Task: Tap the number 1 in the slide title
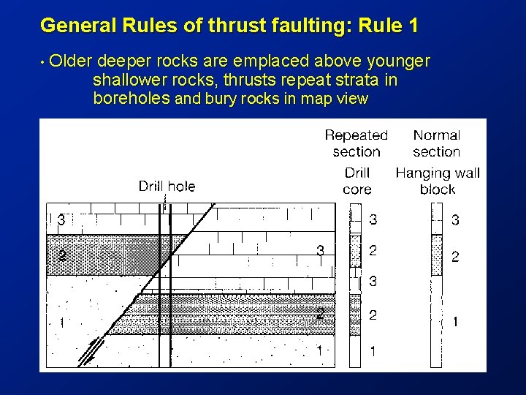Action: (413, 26)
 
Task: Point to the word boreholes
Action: (131, 98)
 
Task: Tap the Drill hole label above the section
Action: (167, 187)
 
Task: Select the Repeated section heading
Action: (357, 143)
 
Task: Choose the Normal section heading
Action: (437, 143)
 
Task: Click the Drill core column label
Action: (357, 181)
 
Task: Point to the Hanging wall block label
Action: (438, 181)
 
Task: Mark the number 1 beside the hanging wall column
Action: (456, 322)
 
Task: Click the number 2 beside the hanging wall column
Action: (455, 257)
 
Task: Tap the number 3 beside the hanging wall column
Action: (455, 219)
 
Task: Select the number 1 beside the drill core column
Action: (373, 352)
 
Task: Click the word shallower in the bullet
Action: (129, 80)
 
